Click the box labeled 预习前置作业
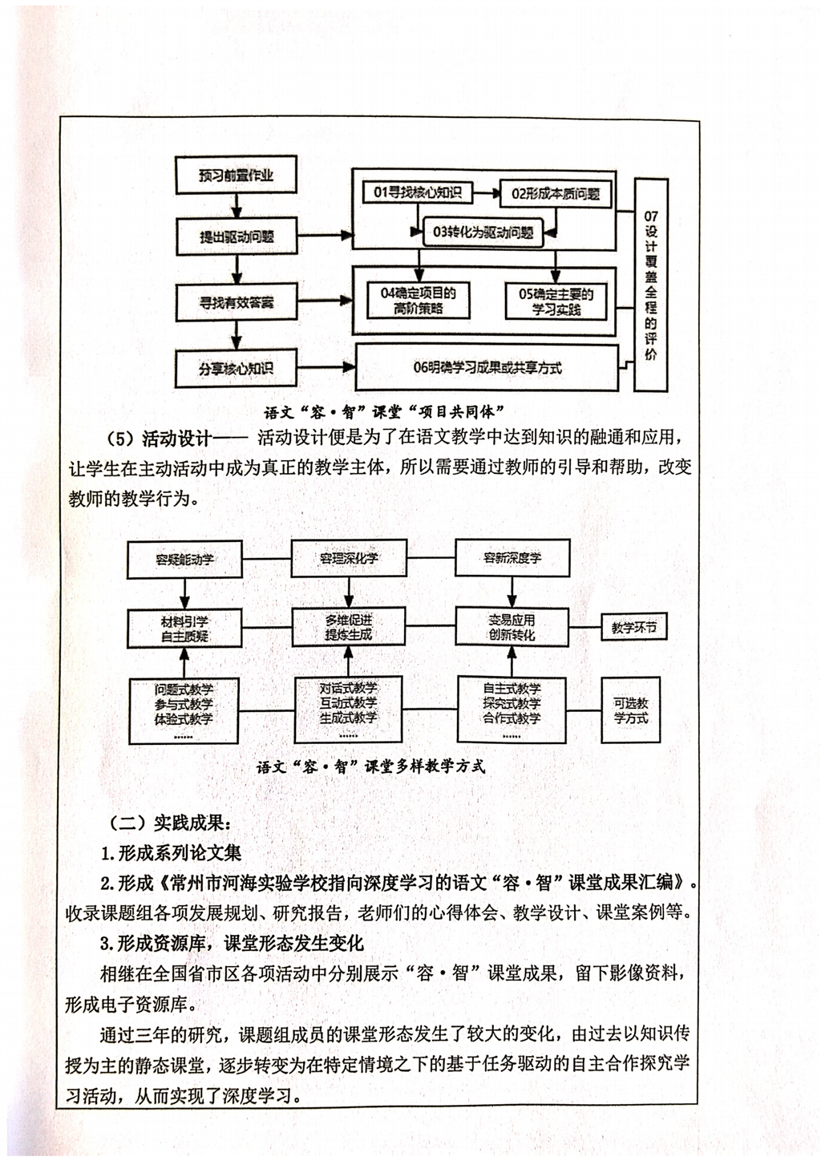click(x=237, y=175)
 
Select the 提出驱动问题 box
click(x=237, y=237)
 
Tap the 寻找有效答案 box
click(x=237, y=302)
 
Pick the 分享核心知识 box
click(x=236, y=369)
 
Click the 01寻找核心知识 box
click(x=418, y=192)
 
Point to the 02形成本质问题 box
click(x=556, y=193)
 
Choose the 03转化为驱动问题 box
click(x=483, y=232)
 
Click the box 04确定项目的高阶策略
click(x=419, y=301)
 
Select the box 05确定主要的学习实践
click(x=556, y=301)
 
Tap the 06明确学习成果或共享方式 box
click(x=487, y=368)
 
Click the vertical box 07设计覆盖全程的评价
click(x=651, y=285)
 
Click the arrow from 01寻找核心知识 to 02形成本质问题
click(x=487, y=192)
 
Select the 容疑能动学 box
click(x=184, y=559)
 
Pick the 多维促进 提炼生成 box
click(x=348, y=628)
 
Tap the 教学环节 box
click(x=634, y=628)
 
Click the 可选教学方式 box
click(x=631, y=710)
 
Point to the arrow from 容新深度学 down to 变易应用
click(x=512, y=593)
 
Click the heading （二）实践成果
click(x=169, y=823)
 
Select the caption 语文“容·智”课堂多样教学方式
click(x=371, y=767)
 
